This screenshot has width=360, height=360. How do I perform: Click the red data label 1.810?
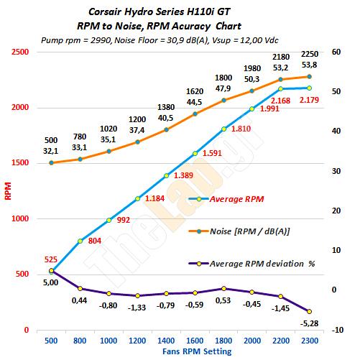[241, 129]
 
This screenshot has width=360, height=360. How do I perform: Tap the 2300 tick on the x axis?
[310, 341]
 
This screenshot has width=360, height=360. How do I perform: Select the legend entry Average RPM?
[226, 199]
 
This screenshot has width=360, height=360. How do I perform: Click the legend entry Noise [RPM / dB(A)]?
[239, 231]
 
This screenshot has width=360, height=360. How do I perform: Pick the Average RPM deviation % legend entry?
[251, 264]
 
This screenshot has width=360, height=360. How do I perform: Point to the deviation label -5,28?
[309, 323]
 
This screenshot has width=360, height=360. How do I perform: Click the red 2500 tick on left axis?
[20, 52]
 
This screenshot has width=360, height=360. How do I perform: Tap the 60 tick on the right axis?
[336, 52]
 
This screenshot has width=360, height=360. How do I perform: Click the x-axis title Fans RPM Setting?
[197, 351]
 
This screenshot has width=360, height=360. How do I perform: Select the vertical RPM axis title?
[8, 191]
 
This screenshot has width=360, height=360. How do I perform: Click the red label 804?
[95, 241]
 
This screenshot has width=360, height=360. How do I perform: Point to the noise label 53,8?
[309, 65]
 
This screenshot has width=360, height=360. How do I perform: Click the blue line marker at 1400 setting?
[166, 176]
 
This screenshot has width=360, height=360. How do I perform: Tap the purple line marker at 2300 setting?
[309, 311]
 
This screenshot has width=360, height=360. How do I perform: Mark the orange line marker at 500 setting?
[51, 163]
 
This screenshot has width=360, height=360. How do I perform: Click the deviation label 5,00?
[50, 282]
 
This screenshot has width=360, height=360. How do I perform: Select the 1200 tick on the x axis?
[137, 341]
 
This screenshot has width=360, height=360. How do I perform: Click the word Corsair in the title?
[105, 11]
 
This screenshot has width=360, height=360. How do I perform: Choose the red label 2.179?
[309, 100]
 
